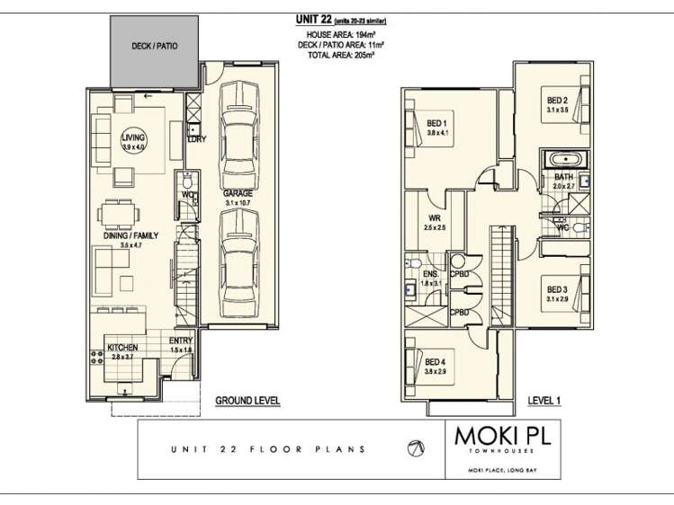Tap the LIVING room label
[132, 138]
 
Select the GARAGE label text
[237, 193]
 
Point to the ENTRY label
[182, 341]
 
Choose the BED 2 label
[557, 100]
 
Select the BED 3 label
[557, 289]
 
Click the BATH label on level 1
[563, 177]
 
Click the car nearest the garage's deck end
[239, 126]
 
